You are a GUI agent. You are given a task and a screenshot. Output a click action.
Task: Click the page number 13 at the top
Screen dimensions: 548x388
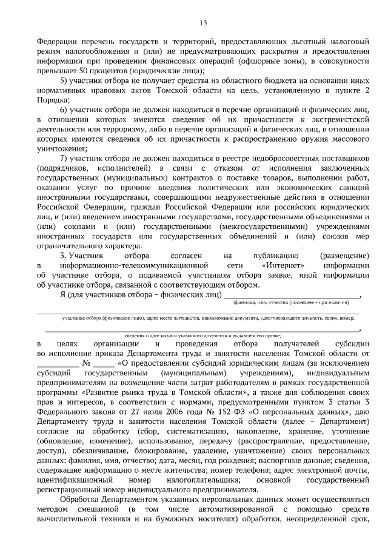[x=202, y=22]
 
